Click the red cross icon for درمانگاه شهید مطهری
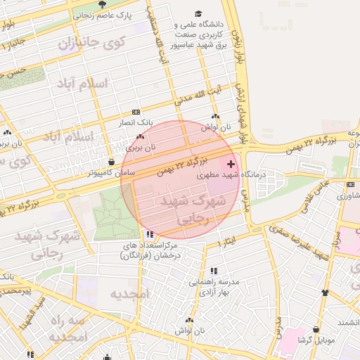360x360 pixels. (x=231, y=163)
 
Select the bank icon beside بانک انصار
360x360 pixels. (x=136, y=112)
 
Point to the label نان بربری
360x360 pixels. (x=141, y=148)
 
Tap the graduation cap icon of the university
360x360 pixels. (x=199, y=13)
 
